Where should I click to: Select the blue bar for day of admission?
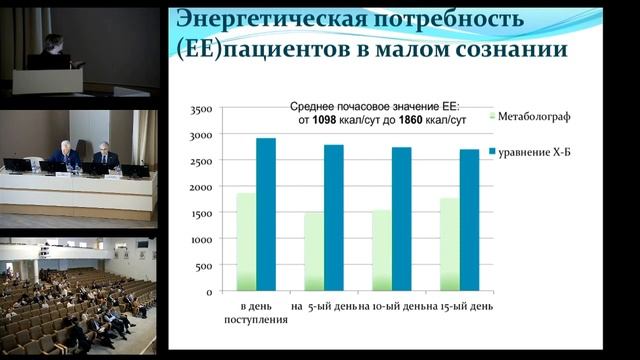point(266,214)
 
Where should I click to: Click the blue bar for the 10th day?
point(401,219)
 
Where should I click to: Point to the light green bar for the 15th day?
point(449,244)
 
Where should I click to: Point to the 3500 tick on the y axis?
point(200,108)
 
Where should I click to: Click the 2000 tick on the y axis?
point(200,187)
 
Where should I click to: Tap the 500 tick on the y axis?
point(203,266)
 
